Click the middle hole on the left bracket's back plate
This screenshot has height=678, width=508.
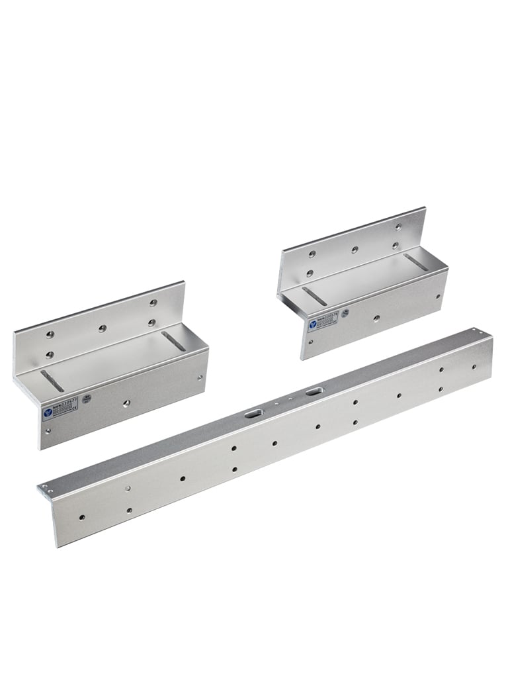[101, 328]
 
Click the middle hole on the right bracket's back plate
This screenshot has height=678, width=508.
[355, 250]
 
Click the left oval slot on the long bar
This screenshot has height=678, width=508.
[253, 414]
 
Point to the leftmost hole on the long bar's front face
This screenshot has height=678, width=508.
[81, 516]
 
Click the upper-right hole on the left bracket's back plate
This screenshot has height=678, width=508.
[153, 303]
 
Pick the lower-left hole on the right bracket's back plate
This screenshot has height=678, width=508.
[309, 271]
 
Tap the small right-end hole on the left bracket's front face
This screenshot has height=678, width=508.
[200, 377]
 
